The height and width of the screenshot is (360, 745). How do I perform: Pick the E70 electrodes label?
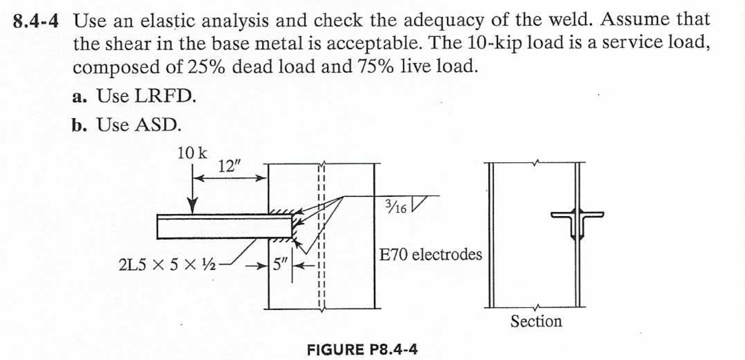(430, 254)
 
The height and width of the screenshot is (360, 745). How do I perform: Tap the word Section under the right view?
(536, 322)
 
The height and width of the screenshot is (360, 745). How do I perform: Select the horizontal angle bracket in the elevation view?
(224, 226)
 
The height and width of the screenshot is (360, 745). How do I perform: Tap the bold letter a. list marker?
(80, 97)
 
